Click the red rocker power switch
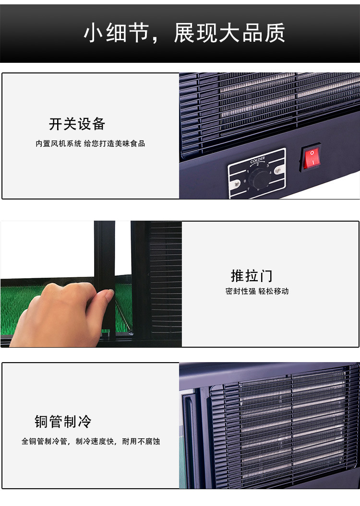point(311,158)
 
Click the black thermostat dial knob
point(260,178)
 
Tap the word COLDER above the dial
point(257,159)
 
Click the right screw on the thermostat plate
point(278,170)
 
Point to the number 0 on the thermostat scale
point(244,181)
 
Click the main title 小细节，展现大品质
point(184,33)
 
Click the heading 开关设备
point(77,124)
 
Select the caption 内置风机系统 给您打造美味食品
point(90,143)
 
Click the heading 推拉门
point(252,276)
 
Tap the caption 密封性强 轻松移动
point(257,291)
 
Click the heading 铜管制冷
point(63,422)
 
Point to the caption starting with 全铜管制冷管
point(91,441)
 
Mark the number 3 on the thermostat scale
point(267,165)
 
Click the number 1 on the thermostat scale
point(248,172)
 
